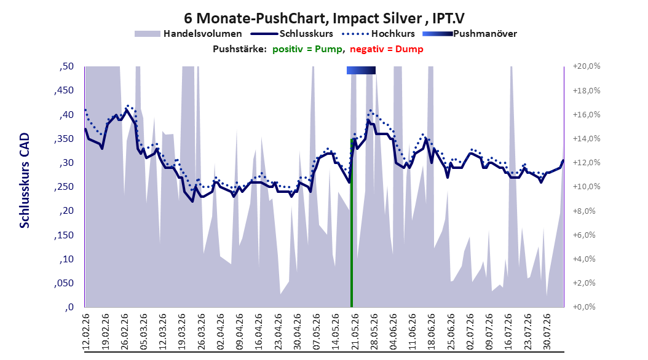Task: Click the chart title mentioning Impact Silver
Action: point(324,18)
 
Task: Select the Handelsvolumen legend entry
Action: point(188,34)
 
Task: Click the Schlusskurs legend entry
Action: point(292,34)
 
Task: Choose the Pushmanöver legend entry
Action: point(470,34)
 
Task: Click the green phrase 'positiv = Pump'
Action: point(307,49)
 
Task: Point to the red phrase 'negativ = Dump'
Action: point(387,49)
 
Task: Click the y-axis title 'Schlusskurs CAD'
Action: point(25,181)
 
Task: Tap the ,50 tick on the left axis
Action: point(66,66)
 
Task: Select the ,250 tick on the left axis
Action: point(64,187)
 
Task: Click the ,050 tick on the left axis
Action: point(64,283)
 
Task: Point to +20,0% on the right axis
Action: point(587,66)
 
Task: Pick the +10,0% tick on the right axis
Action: point(587,187)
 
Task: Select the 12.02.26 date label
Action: point(86,332)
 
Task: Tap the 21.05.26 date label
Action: point(355,332)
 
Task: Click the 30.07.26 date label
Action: point(547,332)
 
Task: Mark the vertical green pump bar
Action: point(352,223)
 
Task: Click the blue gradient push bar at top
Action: point(361,71)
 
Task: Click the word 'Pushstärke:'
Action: point(240,49)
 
